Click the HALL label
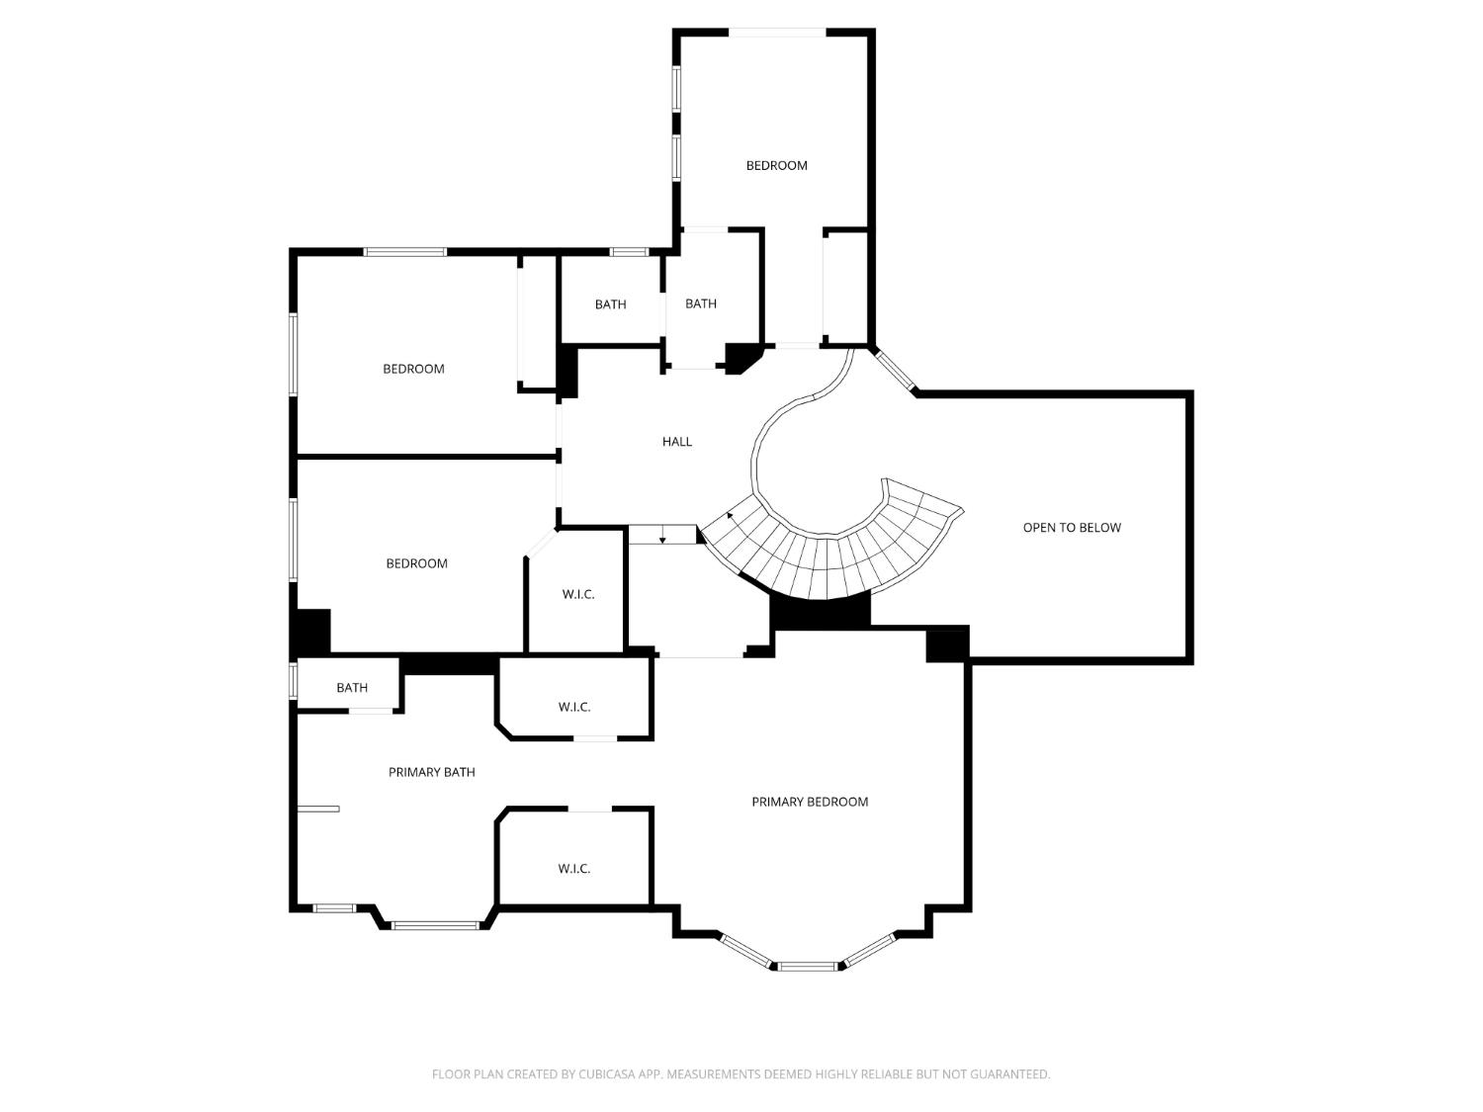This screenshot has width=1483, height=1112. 677,442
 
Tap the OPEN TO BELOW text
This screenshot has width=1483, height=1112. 1072,528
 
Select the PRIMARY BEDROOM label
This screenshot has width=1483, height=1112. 810,802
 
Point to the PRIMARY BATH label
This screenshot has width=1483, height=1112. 431,772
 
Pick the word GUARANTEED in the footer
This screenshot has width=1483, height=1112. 1014,1074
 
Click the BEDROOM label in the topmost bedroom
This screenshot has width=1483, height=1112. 776,165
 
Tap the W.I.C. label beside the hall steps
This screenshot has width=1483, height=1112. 578,594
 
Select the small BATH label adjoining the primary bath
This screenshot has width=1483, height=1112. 352,688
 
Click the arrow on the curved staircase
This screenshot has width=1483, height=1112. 731,515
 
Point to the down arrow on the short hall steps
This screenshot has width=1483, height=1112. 662,538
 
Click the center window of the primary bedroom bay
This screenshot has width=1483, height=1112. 807,966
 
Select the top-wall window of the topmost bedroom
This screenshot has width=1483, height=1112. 777,33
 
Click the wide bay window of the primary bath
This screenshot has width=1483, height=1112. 435,926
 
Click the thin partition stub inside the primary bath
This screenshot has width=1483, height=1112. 318,810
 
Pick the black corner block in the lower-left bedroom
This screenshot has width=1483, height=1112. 312,631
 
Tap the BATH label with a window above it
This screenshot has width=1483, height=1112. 610,304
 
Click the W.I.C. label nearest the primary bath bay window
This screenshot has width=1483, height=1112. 573,869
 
